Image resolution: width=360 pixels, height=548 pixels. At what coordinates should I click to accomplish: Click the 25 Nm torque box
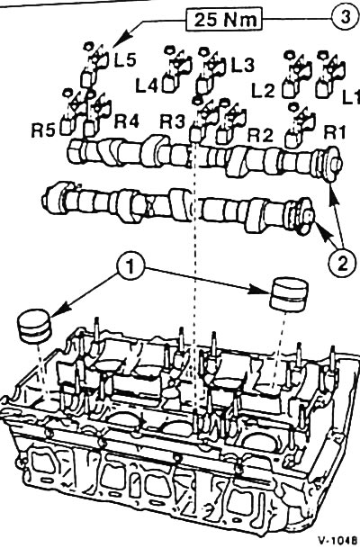(224, 20)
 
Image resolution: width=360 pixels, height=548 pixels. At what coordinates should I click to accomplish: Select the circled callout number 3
(345, 17)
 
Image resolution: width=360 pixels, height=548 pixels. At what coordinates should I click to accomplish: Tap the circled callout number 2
(342, 262)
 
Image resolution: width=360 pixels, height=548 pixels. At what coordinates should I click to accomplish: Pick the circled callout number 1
(130, 268)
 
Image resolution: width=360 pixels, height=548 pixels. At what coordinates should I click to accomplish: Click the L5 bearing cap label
(125, 61)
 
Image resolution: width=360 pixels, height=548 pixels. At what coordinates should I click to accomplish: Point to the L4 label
(147, 85)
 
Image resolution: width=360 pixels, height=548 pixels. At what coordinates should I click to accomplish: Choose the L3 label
(243, 65)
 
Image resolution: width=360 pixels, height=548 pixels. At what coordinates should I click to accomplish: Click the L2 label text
(264, 91)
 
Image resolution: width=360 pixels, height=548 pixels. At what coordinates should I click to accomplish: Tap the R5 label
(43, 131)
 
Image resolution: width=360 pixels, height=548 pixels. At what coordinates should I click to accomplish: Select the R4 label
(127, 121)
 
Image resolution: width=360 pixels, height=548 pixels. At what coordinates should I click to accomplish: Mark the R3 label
(172, 122)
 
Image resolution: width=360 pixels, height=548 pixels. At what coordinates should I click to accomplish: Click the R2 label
(260, 135)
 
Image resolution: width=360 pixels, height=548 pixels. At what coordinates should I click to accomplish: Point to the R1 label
(335, 133)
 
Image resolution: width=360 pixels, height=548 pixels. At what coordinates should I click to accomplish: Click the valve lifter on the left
(34, 326)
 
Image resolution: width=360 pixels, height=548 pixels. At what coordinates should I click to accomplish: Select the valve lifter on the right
(289, 294)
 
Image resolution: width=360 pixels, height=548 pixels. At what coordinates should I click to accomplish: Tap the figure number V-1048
(338, 539)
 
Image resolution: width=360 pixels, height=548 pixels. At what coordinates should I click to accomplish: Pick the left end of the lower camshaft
(45, 201)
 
